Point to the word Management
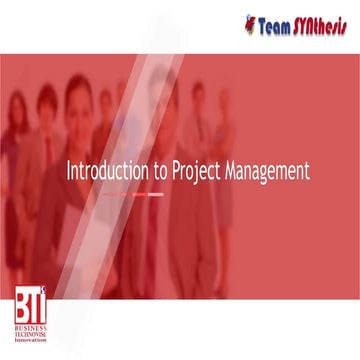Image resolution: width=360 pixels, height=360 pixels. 268,172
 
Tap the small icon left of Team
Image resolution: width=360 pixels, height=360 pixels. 250,22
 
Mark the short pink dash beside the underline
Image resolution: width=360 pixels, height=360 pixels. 155,195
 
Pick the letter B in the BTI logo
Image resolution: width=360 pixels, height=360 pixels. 23,306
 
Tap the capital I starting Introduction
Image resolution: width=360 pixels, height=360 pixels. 68,171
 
